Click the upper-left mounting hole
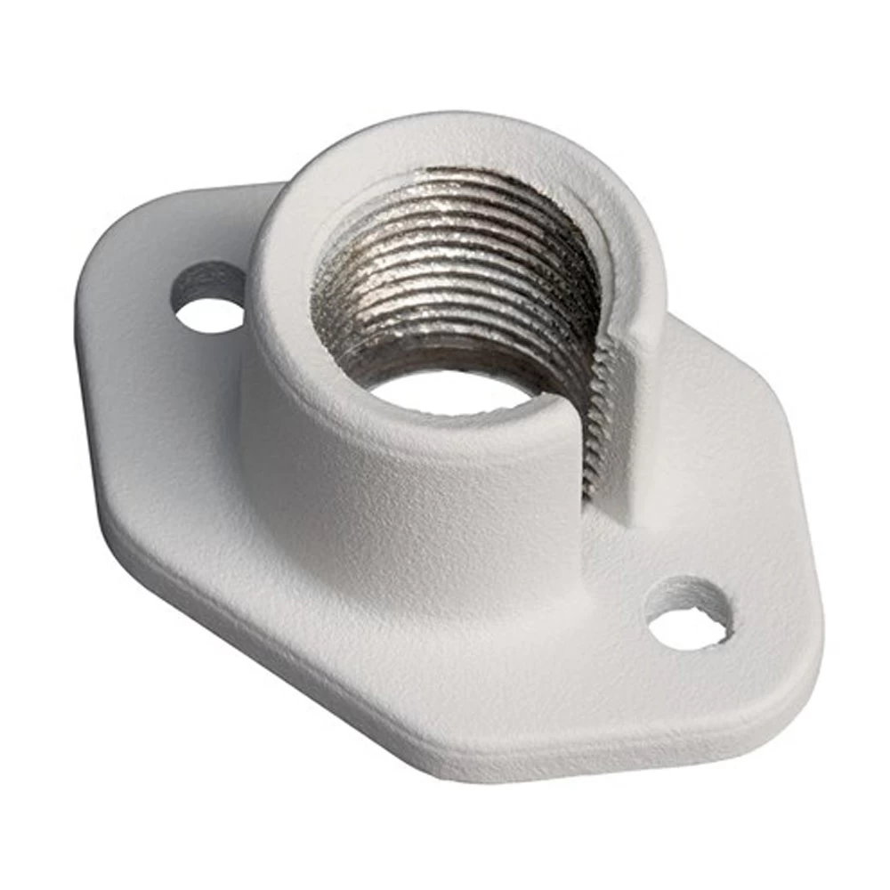(210, 313)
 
